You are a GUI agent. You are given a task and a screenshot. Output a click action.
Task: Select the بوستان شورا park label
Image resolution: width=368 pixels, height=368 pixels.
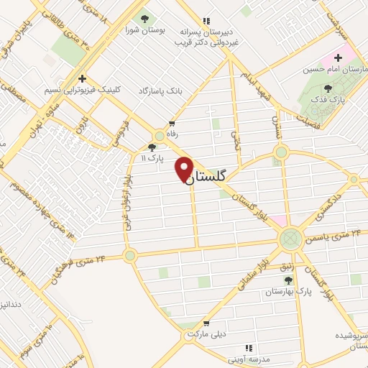coord(142,30)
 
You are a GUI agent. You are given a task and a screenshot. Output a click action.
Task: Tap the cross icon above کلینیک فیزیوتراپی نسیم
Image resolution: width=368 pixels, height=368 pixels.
coord(83,78)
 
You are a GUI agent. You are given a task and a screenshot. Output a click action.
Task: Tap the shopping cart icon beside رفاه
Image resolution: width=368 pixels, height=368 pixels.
coord(171,123)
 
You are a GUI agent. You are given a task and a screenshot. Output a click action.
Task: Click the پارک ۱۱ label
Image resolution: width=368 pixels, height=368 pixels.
coord(152,157)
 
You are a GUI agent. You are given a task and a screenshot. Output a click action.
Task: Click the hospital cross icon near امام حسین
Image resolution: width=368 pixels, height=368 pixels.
coord(338,57)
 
